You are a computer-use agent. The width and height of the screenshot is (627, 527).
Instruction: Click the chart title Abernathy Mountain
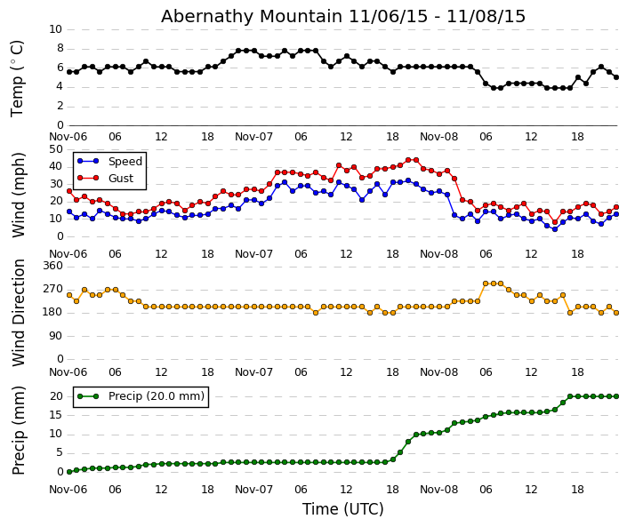[343, 16]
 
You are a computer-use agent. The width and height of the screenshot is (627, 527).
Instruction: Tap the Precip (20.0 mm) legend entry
[156, 396]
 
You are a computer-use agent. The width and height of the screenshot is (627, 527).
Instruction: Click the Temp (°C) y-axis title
[18, 78]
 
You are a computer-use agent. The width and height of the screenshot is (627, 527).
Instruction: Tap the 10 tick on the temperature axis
[55, 29]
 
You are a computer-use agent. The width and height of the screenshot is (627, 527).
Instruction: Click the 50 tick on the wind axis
[55, 149]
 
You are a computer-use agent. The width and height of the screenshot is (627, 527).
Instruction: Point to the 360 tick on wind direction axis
[52, 266]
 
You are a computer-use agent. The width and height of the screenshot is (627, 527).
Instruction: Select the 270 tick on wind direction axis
[52, 289]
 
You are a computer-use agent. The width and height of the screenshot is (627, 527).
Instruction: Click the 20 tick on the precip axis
[55, 396]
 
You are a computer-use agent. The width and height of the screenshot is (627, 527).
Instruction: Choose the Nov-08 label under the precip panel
[438, 490]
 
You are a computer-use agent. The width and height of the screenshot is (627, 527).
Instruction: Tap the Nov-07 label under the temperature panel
[253, 137]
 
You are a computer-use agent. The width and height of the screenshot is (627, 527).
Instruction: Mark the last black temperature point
[615, 77]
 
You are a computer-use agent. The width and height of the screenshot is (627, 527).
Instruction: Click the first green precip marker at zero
[68, 472]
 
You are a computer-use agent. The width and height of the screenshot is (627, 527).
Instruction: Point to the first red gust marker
[68, 191]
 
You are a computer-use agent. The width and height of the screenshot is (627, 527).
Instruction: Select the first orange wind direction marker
[68, 295]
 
